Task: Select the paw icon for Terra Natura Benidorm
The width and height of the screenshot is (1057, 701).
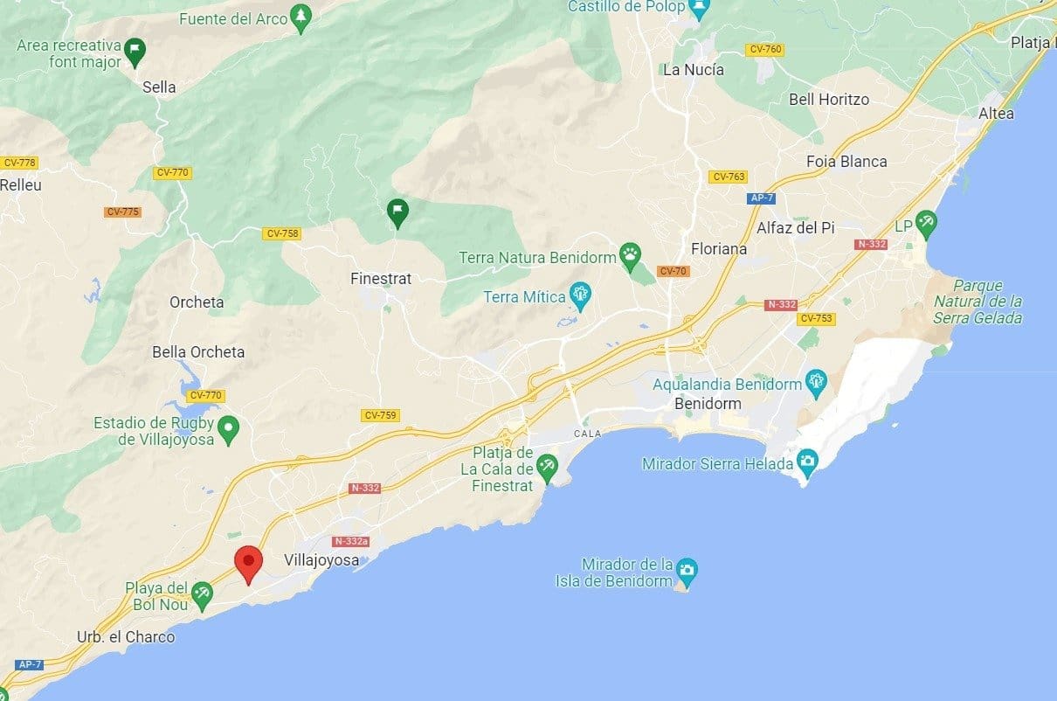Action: (630, 256)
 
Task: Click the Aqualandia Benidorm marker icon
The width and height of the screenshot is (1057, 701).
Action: (817, 382)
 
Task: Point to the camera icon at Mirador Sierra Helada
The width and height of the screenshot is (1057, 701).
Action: (808, 461)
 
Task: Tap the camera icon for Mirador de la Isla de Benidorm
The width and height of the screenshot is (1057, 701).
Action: (687, 570)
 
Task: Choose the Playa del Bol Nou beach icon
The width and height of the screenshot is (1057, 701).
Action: (203, 594)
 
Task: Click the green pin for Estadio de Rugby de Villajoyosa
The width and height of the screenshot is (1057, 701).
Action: (228, 428)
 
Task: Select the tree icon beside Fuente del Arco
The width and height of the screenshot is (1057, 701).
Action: (301, 17)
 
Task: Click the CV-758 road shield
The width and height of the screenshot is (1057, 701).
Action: (282, 233)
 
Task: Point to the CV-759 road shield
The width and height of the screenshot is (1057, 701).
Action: (381, 415)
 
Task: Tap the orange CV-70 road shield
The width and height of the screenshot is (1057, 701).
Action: (674, 271)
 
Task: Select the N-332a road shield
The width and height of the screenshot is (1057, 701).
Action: (350, 541)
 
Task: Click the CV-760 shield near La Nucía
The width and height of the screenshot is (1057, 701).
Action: (765, 49)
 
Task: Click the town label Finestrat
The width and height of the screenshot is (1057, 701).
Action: (380, 279)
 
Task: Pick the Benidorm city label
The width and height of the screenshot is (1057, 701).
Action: (708, 404)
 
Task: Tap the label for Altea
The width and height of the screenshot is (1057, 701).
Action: (996, 114)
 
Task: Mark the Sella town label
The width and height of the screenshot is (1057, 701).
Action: (159, 87)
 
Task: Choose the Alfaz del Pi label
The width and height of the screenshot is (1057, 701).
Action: (795, 227)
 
